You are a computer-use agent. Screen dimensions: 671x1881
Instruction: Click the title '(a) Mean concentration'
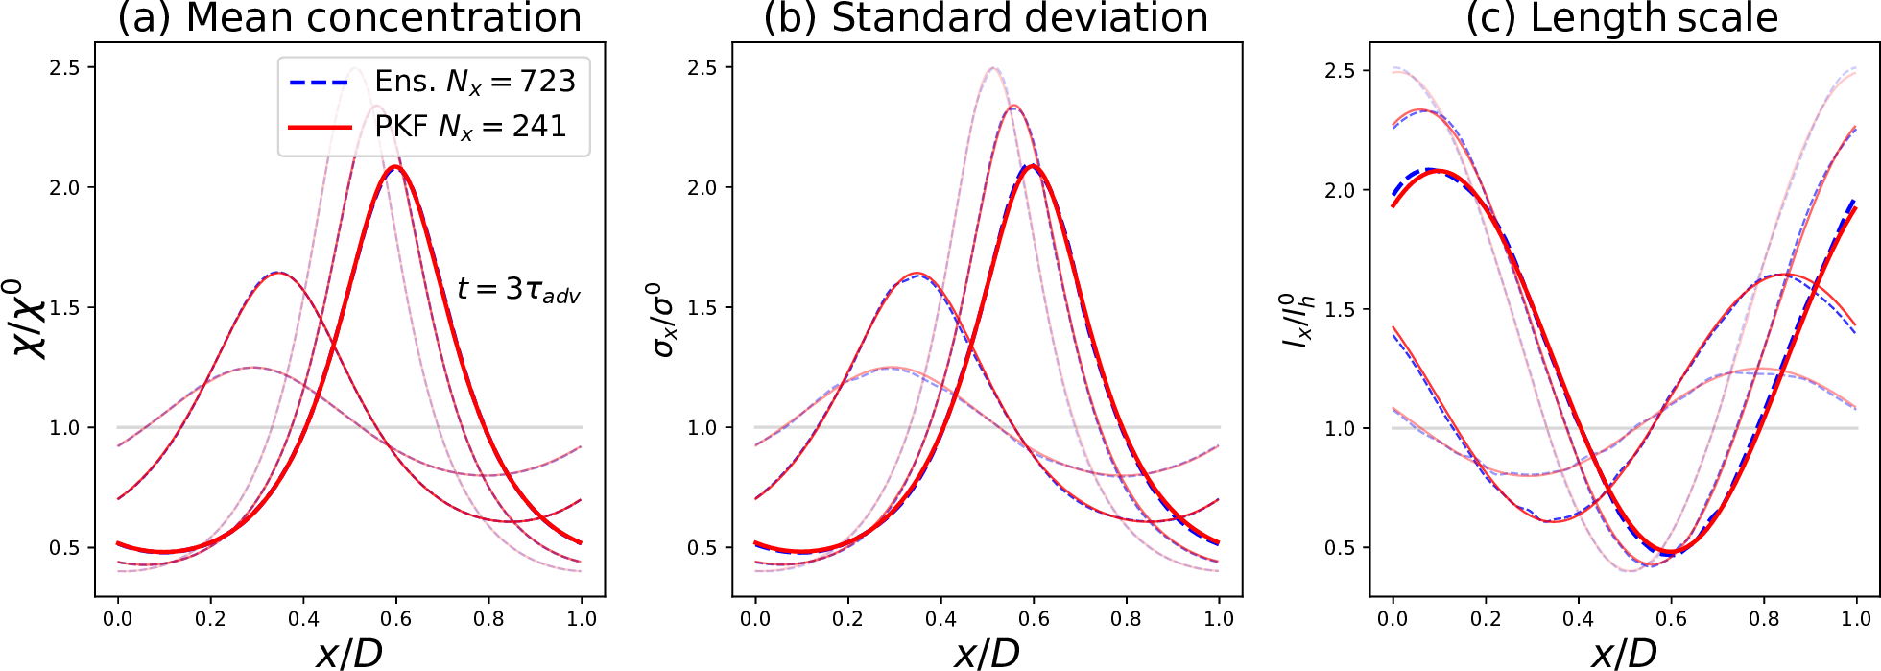pos(349,18)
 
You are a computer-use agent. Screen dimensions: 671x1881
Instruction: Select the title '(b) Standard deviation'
pos(986,18)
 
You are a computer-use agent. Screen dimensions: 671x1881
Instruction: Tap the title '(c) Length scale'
pos(1622,18)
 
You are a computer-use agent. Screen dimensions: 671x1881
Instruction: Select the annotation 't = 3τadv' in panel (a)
pos(518,289)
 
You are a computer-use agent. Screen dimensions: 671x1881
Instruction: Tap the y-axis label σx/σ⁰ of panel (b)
pos(663,319)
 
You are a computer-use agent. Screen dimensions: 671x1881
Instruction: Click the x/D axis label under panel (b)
pos(987,653)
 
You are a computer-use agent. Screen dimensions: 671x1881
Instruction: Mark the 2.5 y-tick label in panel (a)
pos(65,67)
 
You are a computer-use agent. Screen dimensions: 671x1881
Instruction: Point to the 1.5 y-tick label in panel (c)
pos(1341,309)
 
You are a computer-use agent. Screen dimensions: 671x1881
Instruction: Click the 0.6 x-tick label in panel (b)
pos(1034,619)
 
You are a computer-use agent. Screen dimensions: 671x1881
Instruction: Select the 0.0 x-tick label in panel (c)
pos(1393,619)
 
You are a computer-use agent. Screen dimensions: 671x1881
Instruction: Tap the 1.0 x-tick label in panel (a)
pos(582,619)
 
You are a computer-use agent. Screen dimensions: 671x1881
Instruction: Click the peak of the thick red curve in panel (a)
pos(394,167)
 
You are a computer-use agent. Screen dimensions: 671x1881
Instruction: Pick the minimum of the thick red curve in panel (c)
pos(1672,552)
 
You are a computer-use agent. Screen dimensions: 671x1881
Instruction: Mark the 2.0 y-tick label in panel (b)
pos(703,187)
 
